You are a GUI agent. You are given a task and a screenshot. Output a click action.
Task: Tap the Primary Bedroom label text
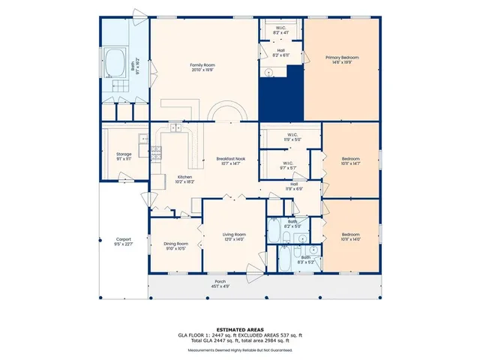tap(341, 60)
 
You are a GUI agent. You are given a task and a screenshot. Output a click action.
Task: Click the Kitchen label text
tap(163, 179)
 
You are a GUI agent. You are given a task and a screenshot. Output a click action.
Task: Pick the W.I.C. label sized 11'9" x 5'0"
tap(291, 137)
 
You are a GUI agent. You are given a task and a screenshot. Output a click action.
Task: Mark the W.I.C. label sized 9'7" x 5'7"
tap(288, 164)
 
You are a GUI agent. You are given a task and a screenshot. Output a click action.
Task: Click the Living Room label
tap(234, 236)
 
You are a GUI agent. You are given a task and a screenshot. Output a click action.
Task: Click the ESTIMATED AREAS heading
tap(240, 329)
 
